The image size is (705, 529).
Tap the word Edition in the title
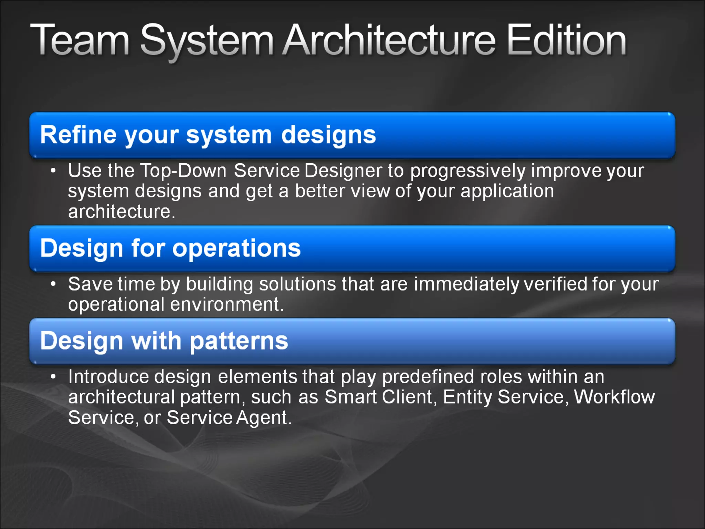pyautogui.click(x=567, y=41)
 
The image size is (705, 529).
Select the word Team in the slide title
pyautogui.click(x=80, y=41)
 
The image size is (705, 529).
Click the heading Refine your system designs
pyautogui.click(x=208, y=135)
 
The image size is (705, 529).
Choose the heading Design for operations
pyautogui.click(x=170, y=248)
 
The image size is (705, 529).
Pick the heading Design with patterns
pyautogui.click(x=164, y=341)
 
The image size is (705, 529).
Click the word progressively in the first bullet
pyautogui.click(x=468, y=172)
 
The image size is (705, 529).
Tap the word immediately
pyautogui.click(x=466, y=284)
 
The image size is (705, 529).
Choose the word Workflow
pyautogui.click(x=614, y=397)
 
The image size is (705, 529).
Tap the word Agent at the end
pyautogui.click(x=262, y=418)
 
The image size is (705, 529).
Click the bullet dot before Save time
pyautogui.click(x=53, y=284)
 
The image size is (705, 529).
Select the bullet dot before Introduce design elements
pyautogui.click(x=53, y=377)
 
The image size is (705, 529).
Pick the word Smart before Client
pyautogui.click(x=350, y=397)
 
